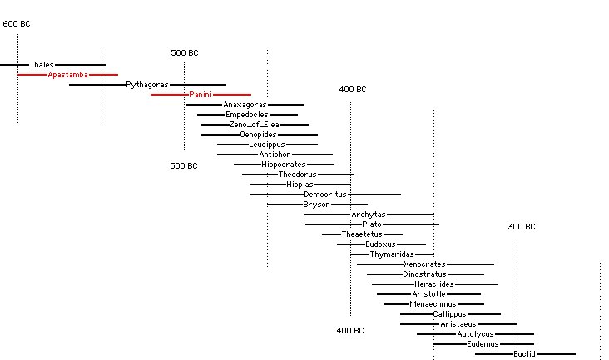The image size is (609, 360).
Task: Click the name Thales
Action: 42,65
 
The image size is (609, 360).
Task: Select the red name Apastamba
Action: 67,75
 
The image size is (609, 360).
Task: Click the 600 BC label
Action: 17,23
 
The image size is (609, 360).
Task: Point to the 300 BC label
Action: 521,228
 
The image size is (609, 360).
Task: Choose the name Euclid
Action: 524,354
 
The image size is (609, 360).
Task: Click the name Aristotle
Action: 428,294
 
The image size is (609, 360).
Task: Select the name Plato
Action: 372,224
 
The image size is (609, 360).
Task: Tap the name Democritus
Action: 324,195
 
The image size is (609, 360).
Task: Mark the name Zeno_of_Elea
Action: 254,125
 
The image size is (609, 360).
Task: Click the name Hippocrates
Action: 283,165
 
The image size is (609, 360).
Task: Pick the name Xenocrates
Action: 424,264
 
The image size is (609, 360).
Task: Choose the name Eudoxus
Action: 380,244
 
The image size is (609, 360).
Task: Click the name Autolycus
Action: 475,334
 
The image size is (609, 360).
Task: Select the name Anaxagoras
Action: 245,105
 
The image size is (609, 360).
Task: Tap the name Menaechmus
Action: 433,304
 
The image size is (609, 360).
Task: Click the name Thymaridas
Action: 392,254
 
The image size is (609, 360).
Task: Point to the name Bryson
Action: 316,205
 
